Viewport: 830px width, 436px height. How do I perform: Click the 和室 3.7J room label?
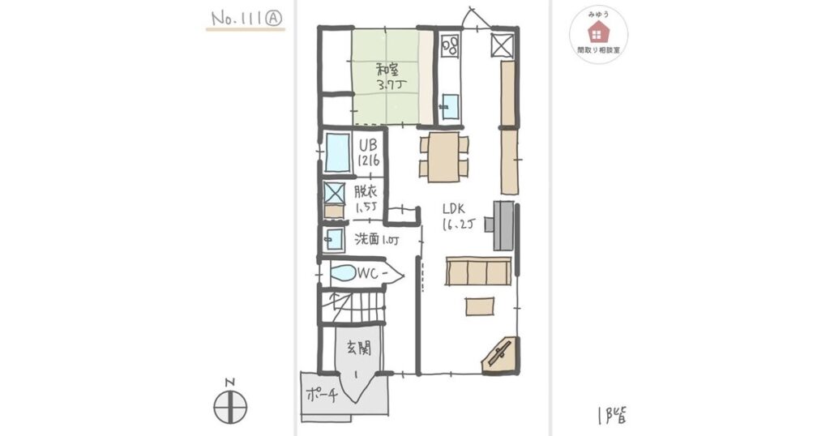[386, 76]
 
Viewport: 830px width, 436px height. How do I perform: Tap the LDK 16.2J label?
[458, 216]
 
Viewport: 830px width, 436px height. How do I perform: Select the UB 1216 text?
[369, 153]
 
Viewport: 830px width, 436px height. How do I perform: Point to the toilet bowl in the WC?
[344, 273]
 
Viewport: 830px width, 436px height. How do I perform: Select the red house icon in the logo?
[598, 31]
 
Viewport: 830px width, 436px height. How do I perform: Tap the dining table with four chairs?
[443, 157]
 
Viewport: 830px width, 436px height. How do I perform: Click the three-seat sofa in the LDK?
[477, 271]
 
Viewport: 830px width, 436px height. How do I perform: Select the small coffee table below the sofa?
[479, 306]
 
